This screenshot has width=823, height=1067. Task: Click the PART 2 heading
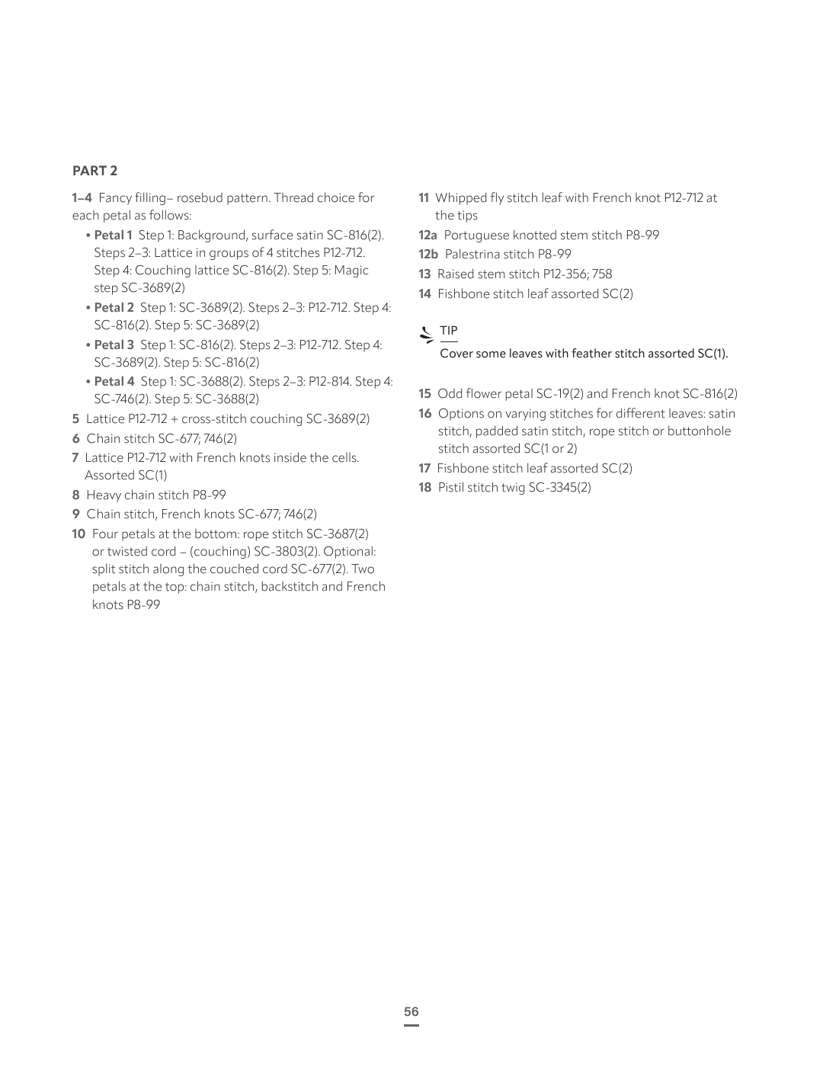94,171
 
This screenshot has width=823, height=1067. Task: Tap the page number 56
411,1011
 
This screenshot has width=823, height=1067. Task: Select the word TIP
449,331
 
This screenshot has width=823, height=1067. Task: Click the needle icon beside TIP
427,333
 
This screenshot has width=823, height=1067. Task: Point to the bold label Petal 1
113,236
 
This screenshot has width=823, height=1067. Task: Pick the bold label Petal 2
114,308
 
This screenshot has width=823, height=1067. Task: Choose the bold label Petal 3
114,345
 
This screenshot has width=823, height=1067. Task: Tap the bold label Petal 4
114,382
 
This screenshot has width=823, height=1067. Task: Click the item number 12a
428,236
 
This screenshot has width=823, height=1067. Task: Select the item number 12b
428,255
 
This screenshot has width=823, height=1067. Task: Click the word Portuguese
477,236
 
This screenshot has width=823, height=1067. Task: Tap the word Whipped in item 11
460,198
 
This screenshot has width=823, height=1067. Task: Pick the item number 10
78,534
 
